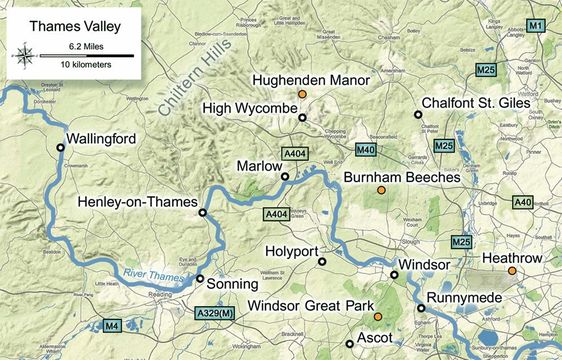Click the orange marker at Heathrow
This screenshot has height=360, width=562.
pos(511,270)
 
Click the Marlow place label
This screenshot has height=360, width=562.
pos(258,165)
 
